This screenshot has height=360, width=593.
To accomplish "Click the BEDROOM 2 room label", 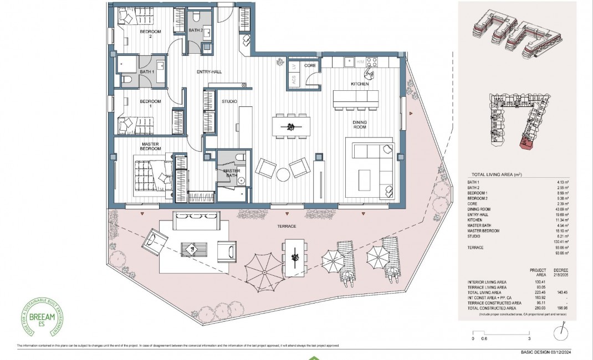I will pyautogui.click(x=150, y=34).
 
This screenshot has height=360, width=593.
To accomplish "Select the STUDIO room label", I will pyautogui.click(x=229, y=102).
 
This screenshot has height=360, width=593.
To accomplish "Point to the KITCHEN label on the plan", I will pyautogui.click(x=359, y=84).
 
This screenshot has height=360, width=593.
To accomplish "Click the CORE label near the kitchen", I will pyautogui.click(x=310, y=66).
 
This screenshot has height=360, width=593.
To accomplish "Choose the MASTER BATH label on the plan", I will pyautogui.click(x=232, y=174).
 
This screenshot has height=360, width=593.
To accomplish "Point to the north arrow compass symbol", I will pyautogui.click(x=562, y=331).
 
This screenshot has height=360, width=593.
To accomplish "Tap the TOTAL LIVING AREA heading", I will pyautogui.click(x=496, y=174).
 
